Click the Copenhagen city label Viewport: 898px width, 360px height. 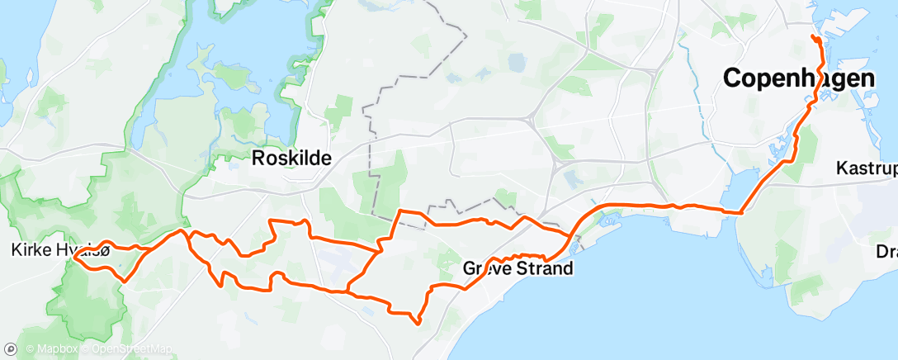point(798,79)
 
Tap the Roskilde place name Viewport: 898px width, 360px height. point(291,158)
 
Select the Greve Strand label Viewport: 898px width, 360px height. point(518,269)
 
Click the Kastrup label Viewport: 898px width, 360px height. point(866,168)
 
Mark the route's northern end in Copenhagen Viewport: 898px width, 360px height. point(814,38)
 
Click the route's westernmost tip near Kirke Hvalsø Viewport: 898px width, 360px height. point(74,257)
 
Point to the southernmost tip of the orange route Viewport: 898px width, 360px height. point(418,323)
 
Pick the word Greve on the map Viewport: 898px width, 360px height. point(486,269)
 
